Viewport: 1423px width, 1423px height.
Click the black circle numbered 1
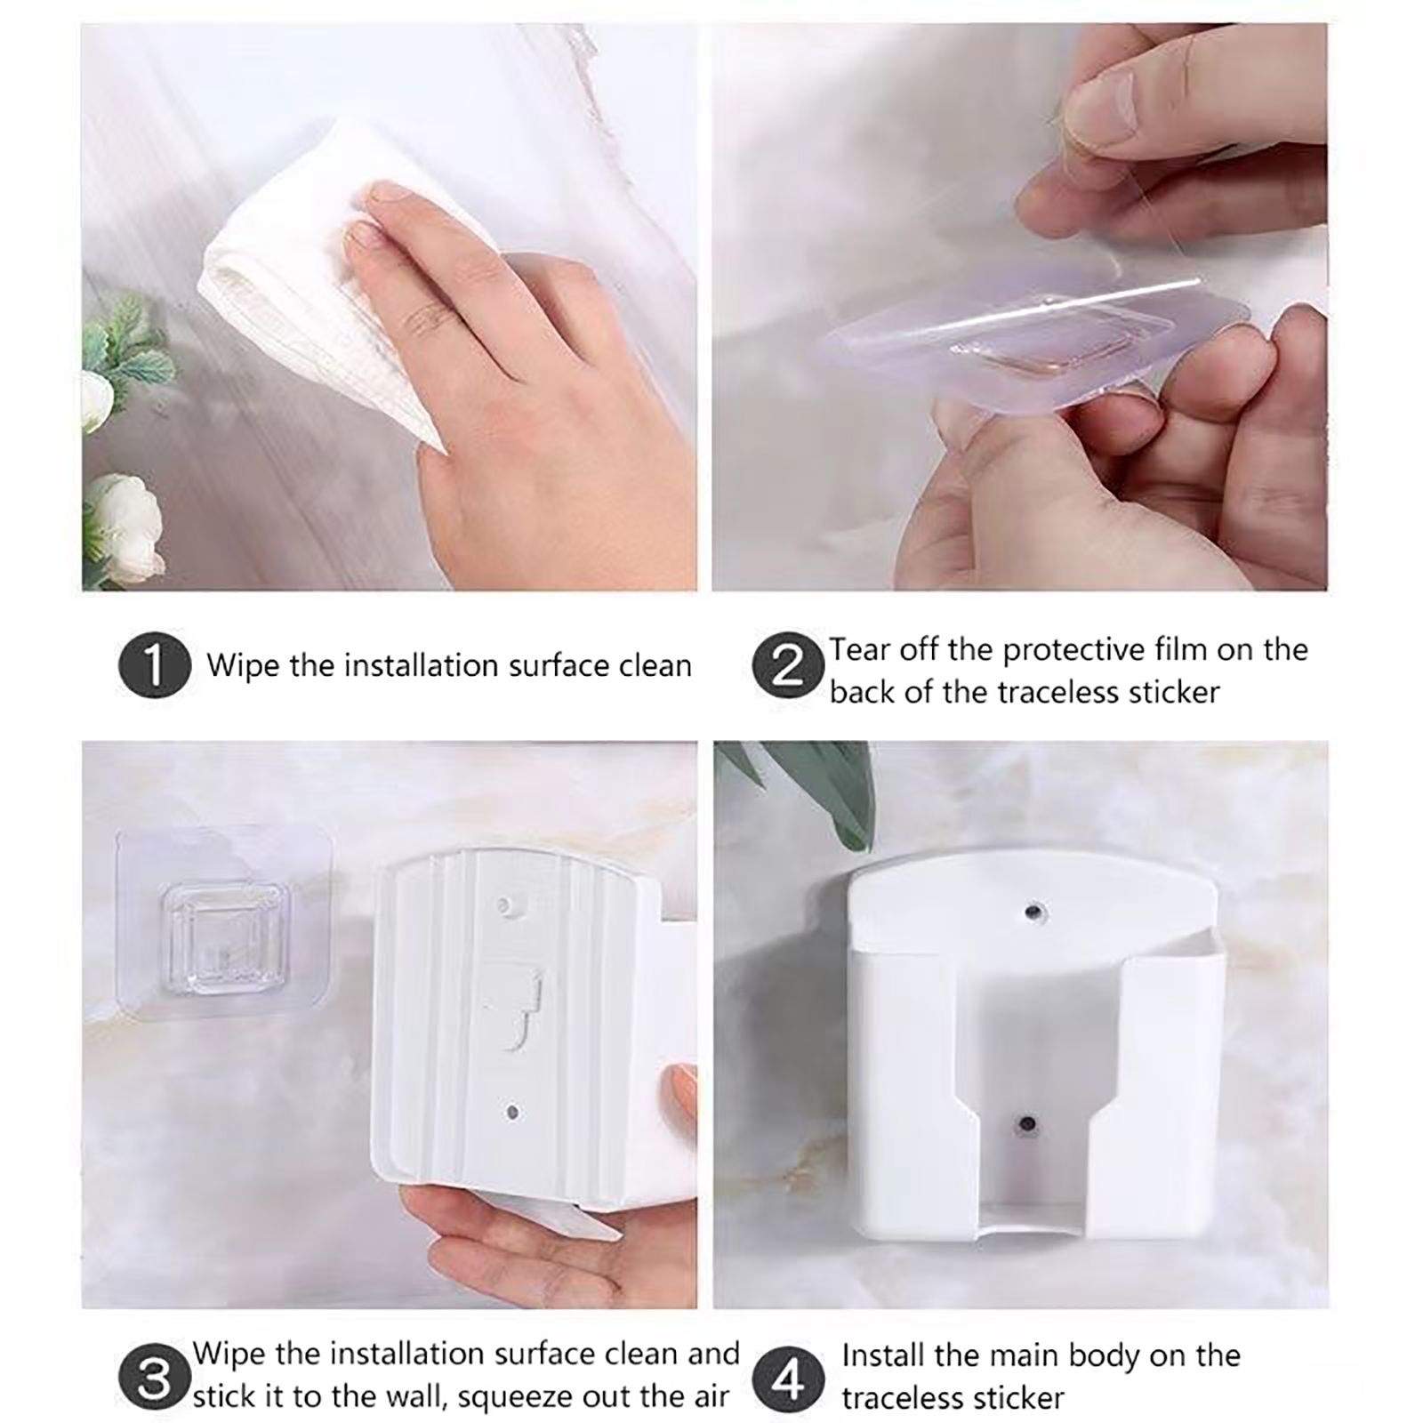(x=155, y=664)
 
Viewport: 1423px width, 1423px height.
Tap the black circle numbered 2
(x=788, y=664)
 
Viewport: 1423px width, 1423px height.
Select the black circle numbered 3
(x=155, y=1379)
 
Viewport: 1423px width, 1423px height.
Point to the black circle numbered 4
(x=788, y=1379)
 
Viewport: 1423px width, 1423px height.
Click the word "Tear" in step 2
(x=860, y=650)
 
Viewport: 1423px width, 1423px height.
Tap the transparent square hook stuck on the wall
(x=224, y=928)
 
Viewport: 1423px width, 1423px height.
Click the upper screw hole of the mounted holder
(x=1033, y=912)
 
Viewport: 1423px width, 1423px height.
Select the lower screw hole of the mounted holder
(x=1027, y=1124)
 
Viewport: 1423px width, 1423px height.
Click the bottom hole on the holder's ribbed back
(x=511, y=1113)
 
